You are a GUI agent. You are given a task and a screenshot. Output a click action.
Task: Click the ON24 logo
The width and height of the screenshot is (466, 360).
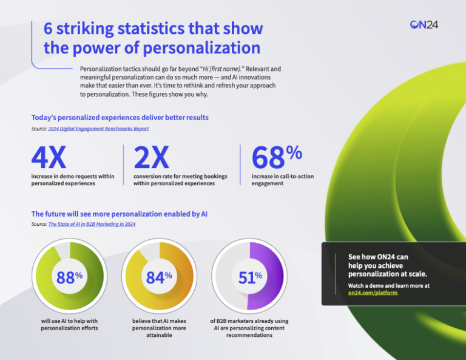pos(424,24)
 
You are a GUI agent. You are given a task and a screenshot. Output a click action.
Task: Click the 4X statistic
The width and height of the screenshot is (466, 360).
pos(49,158)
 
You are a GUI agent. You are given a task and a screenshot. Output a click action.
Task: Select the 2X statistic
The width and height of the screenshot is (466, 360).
pos(151,158)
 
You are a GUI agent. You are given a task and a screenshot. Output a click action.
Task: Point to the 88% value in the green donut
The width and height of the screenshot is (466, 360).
pos(69,277)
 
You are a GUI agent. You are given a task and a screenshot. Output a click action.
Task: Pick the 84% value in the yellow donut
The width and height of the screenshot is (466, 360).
pos(159,277)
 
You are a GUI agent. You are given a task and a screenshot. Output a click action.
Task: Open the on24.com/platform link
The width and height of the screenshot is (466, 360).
pos(373,293)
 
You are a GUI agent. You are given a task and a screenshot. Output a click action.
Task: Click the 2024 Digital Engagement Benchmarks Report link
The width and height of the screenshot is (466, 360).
pos(98,129)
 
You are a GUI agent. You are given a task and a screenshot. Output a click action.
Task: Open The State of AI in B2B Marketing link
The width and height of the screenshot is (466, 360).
pos(92,224)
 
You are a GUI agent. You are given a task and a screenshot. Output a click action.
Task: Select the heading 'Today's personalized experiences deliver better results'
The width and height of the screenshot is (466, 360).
pos(120,117)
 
